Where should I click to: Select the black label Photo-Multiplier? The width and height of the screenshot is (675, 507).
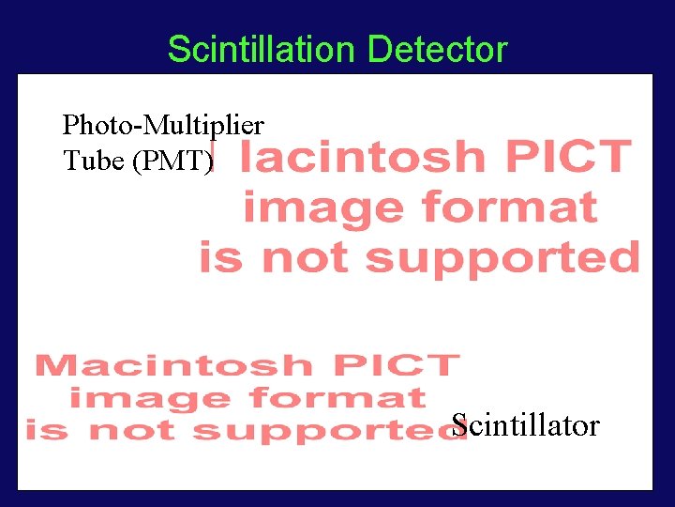click(163, 124)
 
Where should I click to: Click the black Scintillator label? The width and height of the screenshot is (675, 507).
click(525, 425)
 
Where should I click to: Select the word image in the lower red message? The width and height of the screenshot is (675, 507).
click(130, 398)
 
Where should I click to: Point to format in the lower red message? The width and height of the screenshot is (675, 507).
click(333, 398)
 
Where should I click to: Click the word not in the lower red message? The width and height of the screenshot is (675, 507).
click(129, 431)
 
